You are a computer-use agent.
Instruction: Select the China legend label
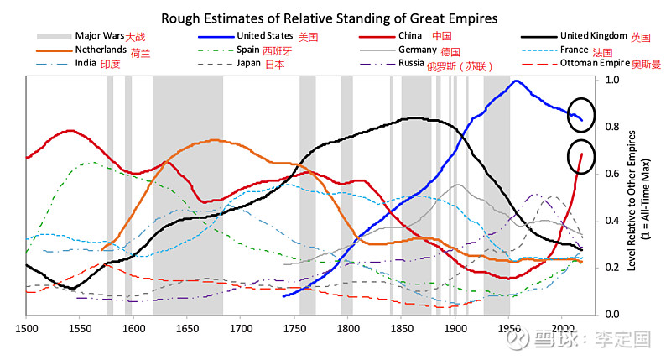[x=411, y=36]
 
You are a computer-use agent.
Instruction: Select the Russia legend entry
[x=410, y=64]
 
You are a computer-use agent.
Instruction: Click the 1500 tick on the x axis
[x=26, y=328]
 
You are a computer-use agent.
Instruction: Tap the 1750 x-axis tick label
[x=294, y=328]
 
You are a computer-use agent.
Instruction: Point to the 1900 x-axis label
[x=455, y=328]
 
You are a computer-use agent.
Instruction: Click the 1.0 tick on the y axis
[x=612, y=81]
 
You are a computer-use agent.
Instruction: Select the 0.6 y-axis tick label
[x=612, y=174]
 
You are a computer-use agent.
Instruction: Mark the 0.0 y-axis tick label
[x=612, y=314]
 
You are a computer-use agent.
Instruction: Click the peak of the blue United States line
[x=517, y=81]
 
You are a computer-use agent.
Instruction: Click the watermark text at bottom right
[x=599, y=341]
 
